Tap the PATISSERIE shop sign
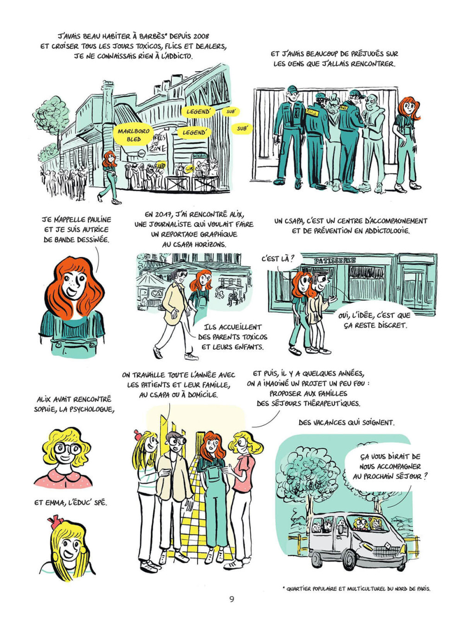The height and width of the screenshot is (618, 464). click(x=335, y=261)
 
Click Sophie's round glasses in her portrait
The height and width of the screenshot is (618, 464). click(x=67, y=448)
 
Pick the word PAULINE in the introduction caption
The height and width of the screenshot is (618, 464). click(x=95, y=219)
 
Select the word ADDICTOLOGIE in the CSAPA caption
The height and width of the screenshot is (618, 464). click(x=387, y=231)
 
